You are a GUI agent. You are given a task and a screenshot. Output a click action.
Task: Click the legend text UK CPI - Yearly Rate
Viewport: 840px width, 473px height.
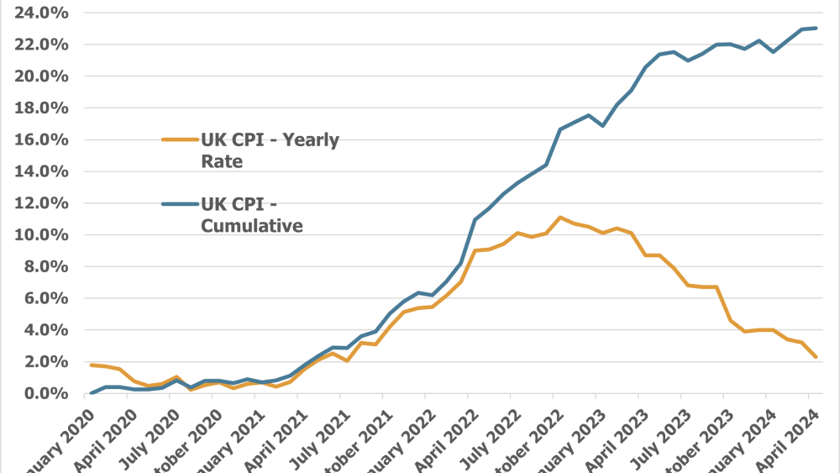(269, 150)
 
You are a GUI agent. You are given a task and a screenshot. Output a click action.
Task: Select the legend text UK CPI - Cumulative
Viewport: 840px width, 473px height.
(252, 214)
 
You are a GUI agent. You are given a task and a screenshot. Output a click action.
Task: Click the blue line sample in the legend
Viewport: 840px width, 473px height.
(178, 204)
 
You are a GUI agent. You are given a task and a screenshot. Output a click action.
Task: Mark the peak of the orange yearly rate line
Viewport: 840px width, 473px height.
(559, 218)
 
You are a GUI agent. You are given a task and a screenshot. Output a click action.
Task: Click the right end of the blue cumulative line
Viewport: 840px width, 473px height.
(816, 29)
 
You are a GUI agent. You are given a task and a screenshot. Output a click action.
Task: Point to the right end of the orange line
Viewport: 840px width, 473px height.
(816, 357)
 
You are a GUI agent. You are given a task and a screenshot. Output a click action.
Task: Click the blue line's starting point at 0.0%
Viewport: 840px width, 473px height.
(91, 393)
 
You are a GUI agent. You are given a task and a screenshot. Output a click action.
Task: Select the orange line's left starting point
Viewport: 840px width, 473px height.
(91, 365)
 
